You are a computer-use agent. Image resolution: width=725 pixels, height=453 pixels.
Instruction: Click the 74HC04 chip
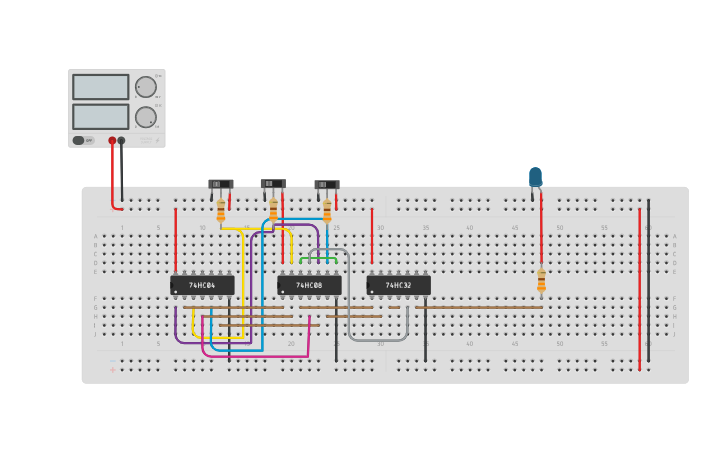point(202,285)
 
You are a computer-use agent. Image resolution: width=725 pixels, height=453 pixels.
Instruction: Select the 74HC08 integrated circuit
point(309,285)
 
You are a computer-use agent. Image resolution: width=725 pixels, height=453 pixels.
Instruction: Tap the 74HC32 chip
point(398,285)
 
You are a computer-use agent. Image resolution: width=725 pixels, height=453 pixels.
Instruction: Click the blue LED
point(535,177)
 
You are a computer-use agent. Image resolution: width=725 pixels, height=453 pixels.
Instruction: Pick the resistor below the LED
point(541,281)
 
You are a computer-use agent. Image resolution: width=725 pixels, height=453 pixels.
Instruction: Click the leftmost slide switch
point(220,184)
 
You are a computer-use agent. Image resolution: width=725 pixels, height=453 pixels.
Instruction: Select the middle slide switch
point(273,184)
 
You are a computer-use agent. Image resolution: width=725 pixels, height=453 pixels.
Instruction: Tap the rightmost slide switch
point(326,184)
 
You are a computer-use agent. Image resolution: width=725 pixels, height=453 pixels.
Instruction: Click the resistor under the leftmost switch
point(221,211)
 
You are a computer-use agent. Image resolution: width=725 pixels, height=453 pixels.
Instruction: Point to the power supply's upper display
point(100,87)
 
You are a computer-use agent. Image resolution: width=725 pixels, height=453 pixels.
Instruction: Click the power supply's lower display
point(100,116)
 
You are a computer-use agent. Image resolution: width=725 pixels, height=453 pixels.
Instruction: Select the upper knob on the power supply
point(146,87)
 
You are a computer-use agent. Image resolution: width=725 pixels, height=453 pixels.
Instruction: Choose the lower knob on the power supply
point(146,116)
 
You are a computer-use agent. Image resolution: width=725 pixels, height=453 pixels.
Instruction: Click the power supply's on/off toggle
point(79,140)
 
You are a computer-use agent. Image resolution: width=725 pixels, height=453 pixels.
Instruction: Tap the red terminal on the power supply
point(112,141)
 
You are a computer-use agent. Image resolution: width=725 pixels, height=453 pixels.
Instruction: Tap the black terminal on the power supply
point(121,141)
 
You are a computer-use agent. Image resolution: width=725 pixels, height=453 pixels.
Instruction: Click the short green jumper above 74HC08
point(318,259)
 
